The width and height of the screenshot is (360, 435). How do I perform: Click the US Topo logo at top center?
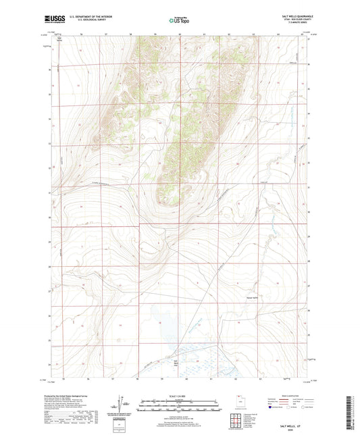click(179, 21)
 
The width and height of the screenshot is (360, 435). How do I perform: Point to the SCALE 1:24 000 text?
click(179, 395)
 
